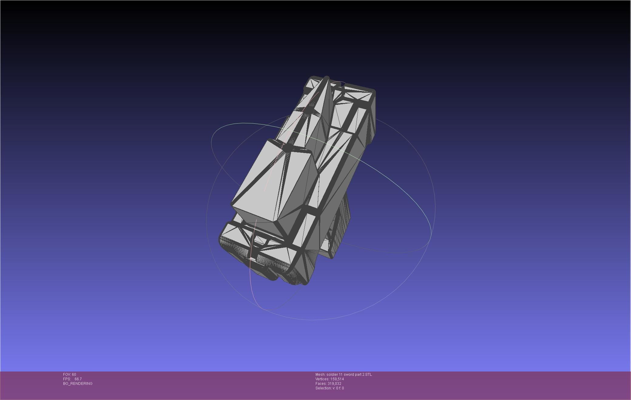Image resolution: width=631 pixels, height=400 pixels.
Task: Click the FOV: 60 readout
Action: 69,375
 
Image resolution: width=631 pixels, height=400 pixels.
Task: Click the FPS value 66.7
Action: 78,379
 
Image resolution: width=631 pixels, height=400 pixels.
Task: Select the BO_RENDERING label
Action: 78,384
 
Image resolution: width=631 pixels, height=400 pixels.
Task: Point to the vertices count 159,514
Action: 336,379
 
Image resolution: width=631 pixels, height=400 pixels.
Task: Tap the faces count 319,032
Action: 334,384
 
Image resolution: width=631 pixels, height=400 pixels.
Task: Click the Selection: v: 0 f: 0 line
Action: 329,388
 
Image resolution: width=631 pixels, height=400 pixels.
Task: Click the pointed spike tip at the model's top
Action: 326,78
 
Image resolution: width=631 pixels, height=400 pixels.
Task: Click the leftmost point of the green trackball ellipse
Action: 211,138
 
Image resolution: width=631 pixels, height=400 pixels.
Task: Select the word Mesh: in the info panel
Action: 320,375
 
